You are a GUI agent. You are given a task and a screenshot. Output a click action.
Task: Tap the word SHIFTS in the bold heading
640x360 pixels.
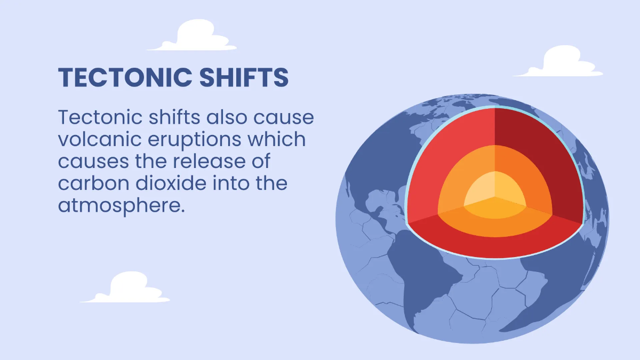(244, 77)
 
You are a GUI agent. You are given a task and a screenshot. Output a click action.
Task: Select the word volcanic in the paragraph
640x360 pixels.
(100, 139)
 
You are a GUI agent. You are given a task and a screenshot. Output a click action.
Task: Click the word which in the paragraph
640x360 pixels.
(277, 139)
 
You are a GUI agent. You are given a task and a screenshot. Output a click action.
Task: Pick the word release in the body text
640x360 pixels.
(209, 161)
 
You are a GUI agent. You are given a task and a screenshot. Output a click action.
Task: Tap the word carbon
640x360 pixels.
(94, 183)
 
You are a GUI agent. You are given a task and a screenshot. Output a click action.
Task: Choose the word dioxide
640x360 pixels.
(171, 183)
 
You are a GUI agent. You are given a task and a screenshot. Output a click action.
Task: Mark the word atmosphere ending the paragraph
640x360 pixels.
(122, 206)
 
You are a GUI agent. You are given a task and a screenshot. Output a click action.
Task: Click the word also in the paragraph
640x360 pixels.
(227, 117)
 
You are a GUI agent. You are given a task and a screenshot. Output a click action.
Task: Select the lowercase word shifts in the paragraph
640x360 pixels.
(174, 117)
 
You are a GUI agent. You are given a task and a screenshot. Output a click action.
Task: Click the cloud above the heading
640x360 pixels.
(191, 36)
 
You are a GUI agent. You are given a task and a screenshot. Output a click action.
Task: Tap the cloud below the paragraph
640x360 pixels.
(125, 287)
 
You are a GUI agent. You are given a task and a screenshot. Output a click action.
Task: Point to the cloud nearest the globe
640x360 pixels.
(558, 61)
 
